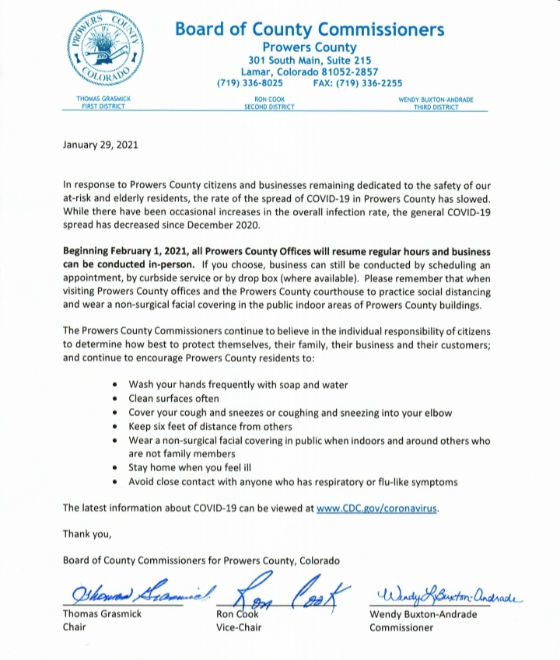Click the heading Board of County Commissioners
point(310,30)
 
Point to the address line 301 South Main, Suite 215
point(310,61)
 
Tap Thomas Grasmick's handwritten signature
point(135,595)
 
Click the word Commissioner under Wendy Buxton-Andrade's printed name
point(402,627)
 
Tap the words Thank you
point(87,534)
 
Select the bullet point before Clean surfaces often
point(116,398)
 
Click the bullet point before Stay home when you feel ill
point(116,468)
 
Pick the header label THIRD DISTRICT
point(436,107)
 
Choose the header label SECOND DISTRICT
point(269,107)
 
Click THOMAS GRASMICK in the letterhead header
point(103,100)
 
